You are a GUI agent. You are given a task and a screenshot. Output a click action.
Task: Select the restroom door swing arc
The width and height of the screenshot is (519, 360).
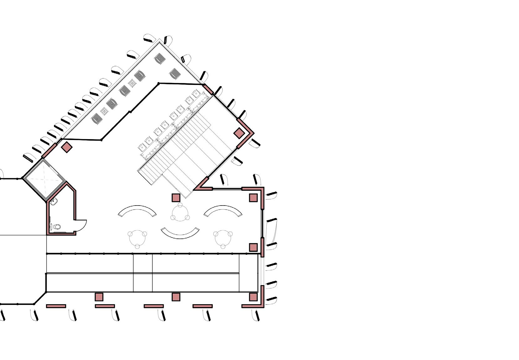coord(82,224)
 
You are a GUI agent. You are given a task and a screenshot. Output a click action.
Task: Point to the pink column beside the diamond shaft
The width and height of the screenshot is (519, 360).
coord(66,147)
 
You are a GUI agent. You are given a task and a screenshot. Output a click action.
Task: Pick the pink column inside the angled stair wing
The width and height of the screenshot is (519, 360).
coord(239,133)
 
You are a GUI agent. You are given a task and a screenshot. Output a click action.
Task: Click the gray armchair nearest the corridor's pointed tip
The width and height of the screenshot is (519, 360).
coord(160,58)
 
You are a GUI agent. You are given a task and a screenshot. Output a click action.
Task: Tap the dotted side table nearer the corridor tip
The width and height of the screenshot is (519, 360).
coord(133,83)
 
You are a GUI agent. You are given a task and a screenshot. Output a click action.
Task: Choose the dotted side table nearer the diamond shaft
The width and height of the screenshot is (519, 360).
coord(104,111)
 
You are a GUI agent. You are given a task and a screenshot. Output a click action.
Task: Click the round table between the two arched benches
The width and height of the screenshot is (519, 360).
coord(180,214)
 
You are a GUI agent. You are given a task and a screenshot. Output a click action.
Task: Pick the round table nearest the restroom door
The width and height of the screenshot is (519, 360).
coord(137,238)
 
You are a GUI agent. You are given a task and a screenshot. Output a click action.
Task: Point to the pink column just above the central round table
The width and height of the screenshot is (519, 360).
coord(176,198)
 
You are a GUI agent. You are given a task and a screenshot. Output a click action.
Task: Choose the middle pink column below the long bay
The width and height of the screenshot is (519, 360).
coord(176,297)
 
